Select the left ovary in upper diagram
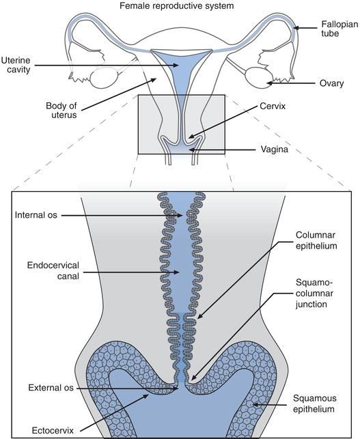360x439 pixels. [x=104, y=79]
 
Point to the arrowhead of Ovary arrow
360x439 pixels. [x=268, y=83]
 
